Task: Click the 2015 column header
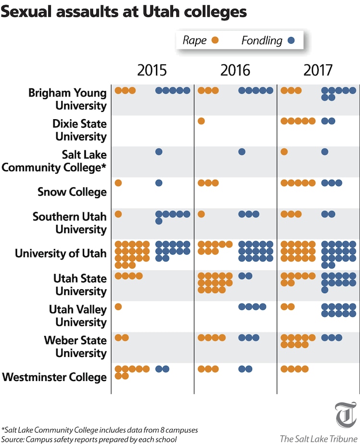coord(152,70)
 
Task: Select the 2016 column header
coord(235,70)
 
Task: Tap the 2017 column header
coord(318,70)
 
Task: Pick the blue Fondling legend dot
coord(290,40)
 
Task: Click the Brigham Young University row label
coord(67,99)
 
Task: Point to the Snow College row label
coord(72,192)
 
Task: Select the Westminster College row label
coord(54,377)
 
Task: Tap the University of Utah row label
coord(60,253)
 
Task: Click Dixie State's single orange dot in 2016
coord(201,121)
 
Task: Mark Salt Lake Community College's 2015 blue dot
coord(159,152)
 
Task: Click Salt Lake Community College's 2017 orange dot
coord(284,152)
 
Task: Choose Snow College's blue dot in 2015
coord(159,183)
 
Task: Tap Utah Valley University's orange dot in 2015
coord(118,307)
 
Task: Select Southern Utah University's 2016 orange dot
coord(201,214)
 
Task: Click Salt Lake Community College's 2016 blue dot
coord(242,152)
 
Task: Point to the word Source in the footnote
coord(13,438)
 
